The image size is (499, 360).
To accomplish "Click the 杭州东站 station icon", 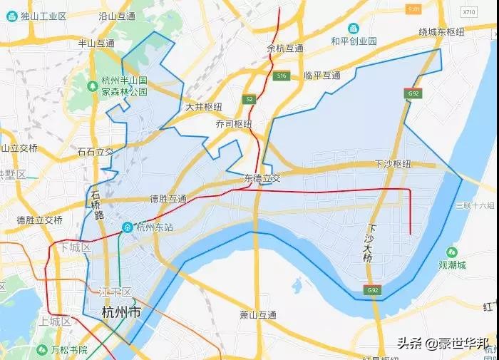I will coord(126,227).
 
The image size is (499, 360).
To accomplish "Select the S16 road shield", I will coord(282,76).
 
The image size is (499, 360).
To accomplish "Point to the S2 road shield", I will coord(249,100).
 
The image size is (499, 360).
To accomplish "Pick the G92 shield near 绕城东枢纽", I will coord(413,93).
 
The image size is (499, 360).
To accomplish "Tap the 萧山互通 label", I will coord(258,314).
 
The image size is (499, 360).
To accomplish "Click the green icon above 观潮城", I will coord(452,252).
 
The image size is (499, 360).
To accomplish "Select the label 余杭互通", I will coord(285,48).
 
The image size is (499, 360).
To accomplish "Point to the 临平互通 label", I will coord(322,75).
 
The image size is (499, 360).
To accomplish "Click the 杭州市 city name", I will coord(121,312).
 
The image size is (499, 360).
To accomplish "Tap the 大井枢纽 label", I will coord(204,107).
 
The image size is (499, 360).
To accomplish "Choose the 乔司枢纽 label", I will coord(234,123).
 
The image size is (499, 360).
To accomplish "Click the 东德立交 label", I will coord(262,178).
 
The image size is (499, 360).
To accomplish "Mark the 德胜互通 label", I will coord(168,198).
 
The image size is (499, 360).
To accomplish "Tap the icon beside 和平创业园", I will coord(353,28).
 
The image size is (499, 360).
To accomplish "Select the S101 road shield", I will coord(413,9).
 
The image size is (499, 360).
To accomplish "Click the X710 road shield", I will coord(468,12).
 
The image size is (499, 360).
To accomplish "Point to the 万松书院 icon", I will coord(41,349).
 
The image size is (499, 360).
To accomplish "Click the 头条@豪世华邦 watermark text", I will coord(443,344).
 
